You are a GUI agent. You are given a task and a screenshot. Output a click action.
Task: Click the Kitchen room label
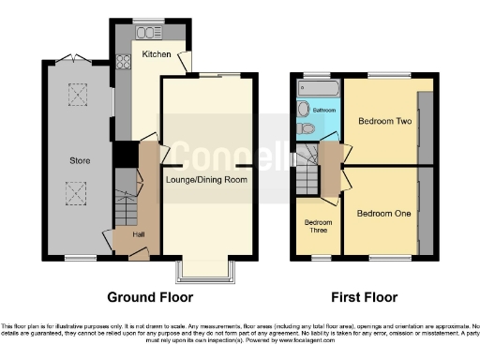(156, 55)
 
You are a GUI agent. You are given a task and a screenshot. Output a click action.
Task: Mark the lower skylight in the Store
(74, 192)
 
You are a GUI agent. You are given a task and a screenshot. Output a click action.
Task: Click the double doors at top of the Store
(73, 59)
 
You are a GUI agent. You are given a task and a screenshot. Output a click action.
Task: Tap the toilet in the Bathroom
(305, 127)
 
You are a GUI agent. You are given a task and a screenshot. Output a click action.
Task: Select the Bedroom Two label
(384, 120)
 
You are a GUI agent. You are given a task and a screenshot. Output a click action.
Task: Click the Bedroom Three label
(318, 226)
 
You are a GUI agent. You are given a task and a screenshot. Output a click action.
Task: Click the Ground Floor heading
(150, 297)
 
